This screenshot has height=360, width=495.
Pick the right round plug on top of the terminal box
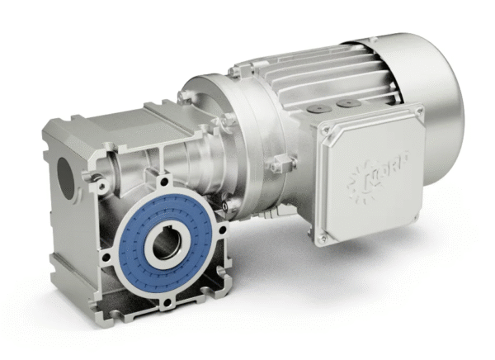coord(342,105)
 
